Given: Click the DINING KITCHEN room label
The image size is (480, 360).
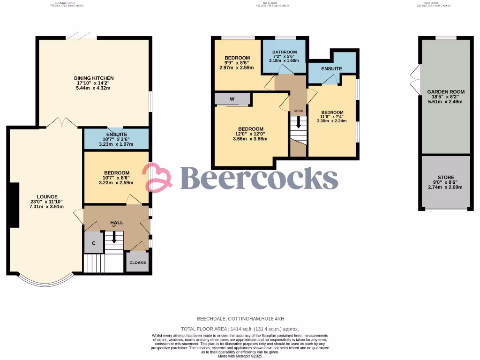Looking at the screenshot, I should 94,78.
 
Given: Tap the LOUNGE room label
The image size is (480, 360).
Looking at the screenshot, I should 48,197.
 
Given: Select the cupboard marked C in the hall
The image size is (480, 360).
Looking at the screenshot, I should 94,243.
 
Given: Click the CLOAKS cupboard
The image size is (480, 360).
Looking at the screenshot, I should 137,262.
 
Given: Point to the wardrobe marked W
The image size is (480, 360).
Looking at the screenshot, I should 232,99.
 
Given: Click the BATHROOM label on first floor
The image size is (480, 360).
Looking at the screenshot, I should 284,52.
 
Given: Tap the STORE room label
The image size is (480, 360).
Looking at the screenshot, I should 445,177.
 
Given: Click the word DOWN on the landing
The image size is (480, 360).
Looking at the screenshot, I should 298,111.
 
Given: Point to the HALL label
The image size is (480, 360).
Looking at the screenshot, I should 117,222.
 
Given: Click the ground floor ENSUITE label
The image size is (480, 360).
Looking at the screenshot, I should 116,135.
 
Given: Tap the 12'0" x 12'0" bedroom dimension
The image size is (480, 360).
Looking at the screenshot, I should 251,134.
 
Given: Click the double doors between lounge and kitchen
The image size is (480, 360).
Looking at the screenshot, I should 62,123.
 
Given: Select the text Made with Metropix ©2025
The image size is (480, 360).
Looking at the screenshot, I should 240,356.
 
